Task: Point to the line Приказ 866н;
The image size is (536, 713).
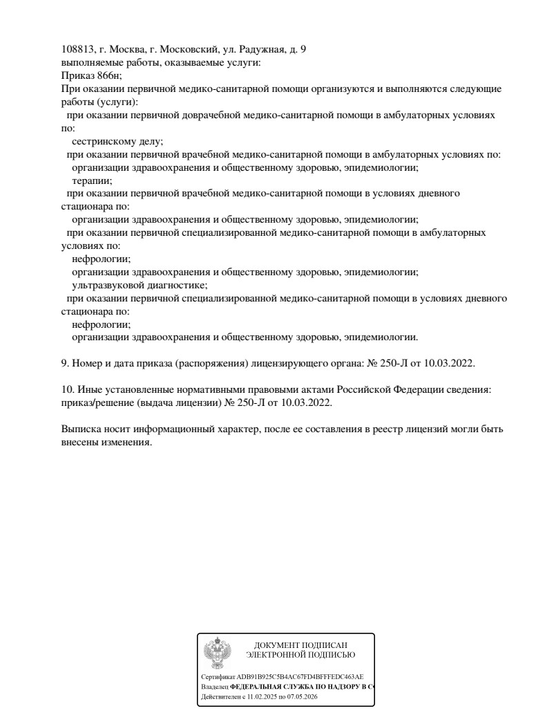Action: (91, 76)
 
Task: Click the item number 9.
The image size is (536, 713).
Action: (64, 363)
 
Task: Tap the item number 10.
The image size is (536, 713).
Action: (66, 389)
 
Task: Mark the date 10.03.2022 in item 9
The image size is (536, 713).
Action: (450, 363)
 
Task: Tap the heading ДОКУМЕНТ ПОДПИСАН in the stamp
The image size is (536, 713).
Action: (300, 645)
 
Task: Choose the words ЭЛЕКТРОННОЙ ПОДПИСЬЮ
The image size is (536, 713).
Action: (300, 654)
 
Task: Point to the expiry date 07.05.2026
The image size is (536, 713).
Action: (303, 698)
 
